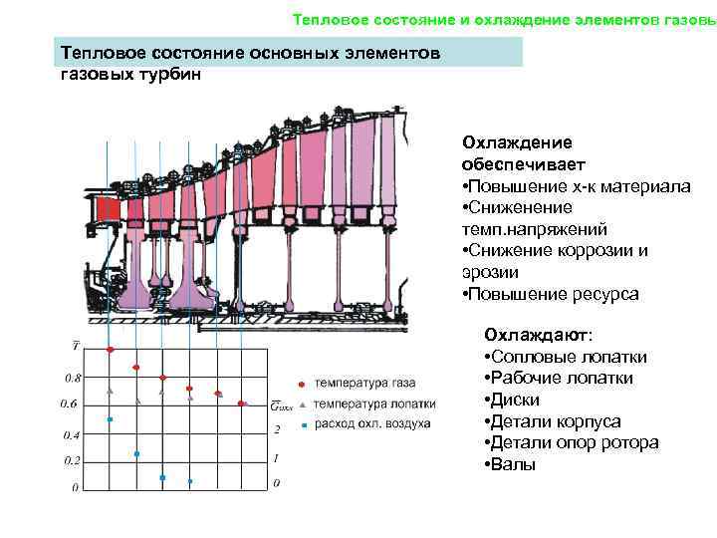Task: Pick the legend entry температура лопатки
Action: [373, 404]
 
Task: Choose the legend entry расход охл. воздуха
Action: [371, 424]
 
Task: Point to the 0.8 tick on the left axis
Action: [73, 379]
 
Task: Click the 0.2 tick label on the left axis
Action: [73, 461]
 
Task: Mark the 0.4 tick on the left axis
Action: [73, 435]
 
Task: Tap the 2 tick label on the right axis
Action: [277, 429]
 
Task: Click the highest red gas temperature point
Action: [111, 350]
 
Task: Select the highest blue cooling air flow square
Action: [111, 419]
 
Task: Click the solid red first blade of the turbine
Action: [108, 210]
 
